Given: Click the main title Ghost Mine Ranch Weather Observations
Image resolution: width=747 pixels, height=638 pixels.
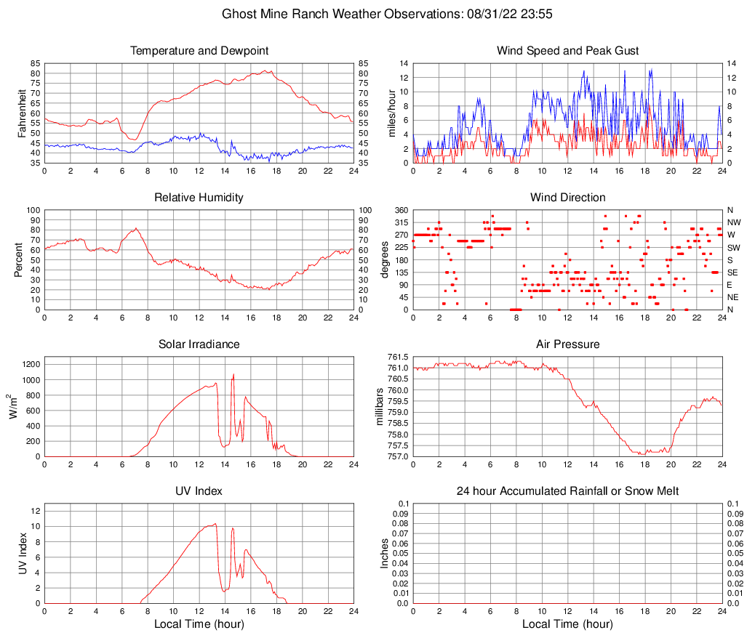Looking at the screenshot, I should point(373,14).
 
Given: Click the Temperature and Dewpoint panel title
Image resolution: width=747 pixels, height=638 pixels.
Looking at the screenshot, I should point(199,51).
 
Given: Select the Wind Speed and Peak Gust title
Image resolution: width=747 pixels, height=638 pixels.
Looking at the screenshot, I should point(567,51).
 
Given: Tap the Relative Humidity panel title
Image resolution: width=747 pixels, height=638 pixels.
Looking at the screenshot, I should point(199,198).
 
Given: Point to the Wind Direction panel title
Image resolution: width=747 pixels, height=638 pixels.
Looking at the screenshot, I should point(567,198).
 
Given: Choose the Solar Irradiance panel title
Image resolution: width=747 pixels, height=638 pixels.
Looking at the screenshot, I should point(199,344).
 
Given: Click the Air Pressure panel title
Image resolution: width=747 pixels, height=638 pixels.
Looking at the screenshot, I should point(567,344).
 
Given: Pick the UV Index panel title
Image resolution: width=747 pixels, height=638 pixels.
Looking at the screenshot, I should point(199,491).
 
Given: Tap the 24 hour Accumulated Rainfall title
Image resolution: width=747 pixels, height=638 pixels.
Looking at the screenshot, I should point(567,491).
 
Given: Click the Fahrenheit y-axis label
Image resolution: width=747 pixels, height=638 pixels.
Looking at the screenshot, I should point(21,113).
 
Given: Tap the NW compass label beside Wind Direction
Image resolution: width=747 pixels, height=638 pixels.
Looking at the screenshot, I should point(733,222).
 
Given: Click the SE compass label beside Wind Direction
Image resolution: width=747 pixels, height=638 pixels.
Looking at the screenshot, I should point(732,272).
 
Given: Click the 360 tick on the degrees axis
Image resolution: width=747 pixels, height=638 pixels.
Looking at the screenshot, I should point(399,210).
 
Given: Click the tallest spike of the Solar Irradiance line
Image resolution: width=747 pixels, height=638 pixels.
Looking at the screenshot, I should point(233,374).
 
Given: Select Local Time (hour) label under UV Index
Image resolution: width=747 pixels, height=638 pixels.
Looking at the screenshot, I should point(199,623).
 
